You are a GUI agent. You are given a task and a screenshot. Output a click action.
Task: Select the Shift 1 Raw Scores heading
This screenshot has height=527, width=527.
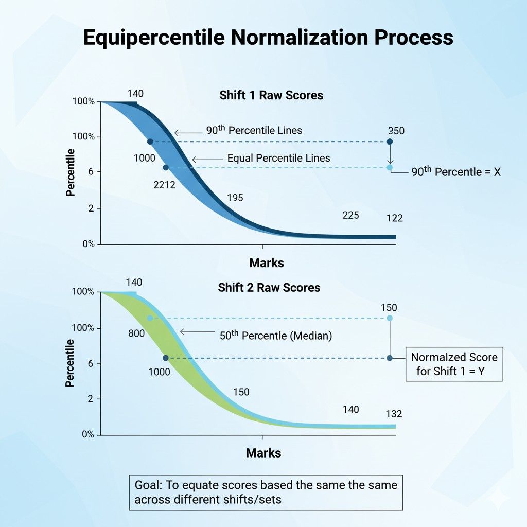271,95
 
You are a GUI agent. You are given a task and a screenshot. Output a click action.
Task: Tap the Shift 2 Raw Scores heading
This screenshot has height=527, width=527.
269,287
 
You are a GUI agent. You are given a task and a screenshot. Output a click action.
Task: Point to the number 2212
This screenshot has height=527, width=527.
165,185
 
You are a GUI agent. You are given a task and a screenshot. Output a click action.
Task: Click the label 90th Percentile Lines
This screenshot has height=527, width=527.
254,130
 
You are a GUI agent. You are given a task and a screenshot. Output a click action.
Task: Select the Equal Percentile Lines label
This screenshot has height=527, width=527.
278,159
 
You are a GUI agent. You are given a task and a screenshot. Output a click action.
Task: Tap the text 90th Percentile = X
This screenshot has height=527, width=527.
456,172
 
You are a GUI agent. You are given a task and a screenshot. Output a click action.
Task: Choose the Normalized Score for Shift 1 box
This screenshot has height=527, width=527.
454,364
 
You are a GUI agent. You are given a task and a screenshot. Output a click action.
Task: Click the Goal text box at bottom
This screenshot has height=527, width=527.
266,493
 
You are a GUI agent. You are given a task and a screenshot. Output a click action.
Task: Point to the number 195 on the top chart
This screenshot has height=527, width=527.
235,198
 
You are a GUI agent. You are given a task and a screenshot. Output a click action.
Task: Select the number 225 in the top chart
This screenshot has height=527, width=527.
350,215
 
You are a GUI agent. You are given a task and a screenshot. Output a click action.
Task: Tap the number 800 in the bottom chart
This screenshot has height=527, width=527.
136,333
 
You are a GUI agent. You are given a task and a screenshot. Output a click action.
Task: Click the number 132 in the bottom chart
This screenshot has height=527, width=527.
394,414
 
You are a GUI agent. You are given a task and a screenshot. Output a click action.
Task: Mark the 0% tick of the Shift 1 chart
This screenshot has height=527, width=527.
88,244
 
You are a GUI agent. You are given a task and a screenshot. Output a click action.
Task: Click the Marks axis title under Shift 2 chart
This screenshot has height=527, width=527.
263,453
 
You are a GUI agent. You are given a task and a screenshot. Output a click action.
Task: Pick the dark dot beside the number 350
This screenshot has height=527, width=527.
390,142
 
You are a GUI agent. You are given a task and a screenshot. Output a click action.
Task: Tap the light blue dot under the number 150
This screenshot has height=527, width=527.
390,318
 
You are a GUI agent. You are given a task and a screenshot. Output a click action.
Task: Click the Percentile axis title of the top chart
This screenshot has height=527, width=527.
71,172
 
